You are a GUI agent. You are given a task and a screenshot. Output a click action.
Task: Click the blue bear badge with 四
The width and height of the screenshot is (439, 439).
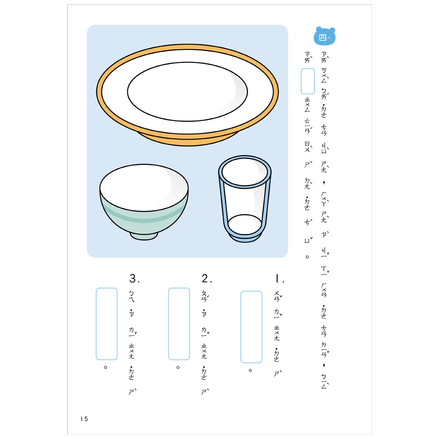(324, 36)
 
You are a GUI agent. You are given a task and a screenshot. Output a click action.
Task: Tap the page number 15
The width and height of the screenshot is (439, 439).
(84, 419)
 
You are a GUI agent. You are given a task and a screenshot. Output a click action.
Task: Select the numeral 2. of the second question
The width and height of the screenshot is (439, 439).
(207, 279)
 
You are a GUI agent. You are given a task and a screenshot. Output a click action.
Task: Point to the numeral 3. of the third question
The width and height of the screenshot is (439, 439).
(134, 279)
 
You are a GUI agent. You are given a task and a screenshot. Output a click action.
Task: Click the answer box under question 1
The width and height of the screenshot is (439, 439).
(251, 327)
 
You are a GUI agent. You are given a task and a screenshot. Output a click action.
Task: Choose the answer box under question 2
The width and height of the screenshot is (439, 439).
(179, 324)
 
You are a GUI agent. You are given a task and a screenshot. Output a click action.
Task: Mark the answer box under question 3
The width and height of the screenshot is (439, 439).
(107, 324)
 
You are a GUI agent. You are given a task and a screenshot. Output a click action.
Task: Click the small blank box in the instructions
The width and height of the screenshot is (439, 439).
(308, 81)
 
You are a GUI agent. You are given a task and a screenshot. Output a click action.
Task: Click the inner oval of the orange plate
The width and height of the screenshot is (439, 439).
(187, 92)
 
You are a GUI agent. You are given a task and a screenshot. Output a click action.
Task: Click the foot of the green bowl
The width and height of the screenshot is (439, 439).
(144, 236)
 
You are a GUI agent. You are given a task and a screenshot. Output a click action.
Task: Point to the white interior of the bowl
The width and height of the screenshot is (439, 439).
(144, 187)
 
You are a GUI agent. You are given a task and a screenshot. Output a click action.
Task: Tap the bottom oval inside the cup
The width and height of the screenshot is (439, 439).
(245, 224)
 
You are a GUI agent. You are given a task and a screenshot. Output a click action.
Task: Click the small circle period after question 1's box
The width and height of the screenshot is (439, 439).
(250, 371)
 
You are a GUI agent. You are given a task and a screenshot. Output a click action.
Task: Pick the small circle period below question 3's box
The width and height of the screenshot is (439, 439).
(105, 367)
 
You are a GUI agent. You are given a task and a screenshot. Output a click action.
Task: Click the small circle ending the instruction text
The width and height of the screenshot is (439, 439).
(307, 257)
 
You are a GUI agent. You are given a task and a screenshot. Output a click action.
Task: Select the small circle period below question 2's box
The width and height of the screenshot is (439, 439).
(178, 367)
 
